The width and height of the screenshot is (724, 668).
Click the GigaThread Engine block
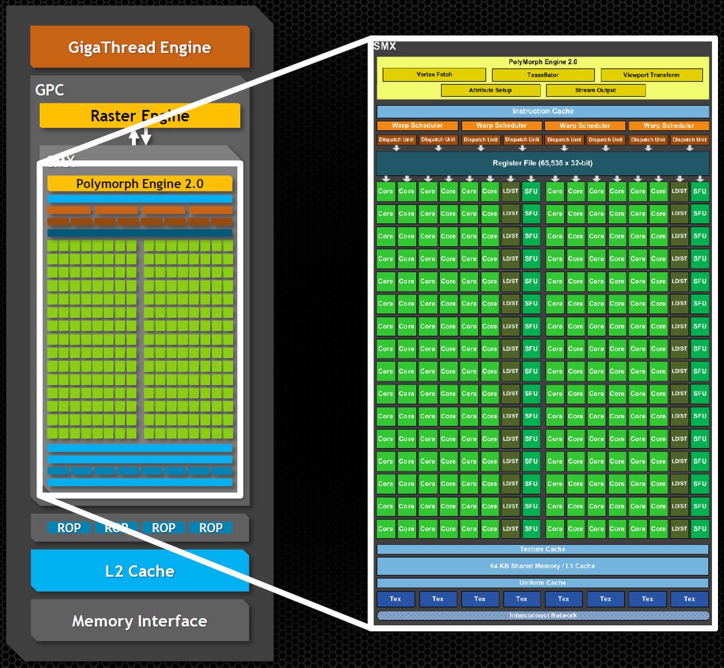(139, 47)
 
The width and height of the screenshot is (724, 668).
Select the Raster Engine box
(139, 116)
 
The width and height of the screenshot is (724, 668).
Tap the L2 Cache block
(139, 571)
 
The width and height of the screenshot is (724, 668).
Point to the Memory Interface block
(139, 621)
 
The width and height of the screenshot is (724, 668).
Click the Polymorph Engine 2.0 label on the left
(139, 183)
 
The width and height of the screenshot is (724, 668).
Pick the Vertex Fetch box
(434, 75)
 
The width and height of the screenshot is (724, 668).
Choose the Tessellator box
(542, 75)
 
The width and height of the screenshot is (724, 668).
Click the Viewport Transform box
(651, 75)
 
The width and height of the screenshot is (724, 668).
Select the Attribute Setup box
(490, 91)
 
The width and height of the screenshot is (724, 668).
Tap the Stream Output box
(595, 91)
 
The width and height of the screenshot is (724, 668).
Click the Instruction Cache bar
(542, 112)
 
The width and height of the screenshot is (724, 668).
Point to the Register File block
(542, 164)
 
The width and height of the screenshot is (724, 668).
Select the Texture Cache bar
(542, 550)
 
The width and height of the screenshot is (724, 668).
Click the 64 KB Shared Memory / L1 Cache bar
(542, 566)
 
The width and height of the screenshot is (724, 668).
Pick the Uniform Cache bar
(542, 583)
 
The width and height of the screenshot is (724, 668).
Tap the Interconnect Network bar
(542, 616)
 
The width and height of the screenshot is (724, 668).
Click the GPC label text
(49, 90)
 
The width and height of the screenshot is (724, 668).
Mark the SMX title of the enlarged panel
(385, 46)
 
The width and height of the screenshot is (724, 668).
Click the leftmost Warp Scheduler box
(417, 126)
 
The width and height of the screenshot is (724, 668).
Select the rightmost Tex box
(689, 599)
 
